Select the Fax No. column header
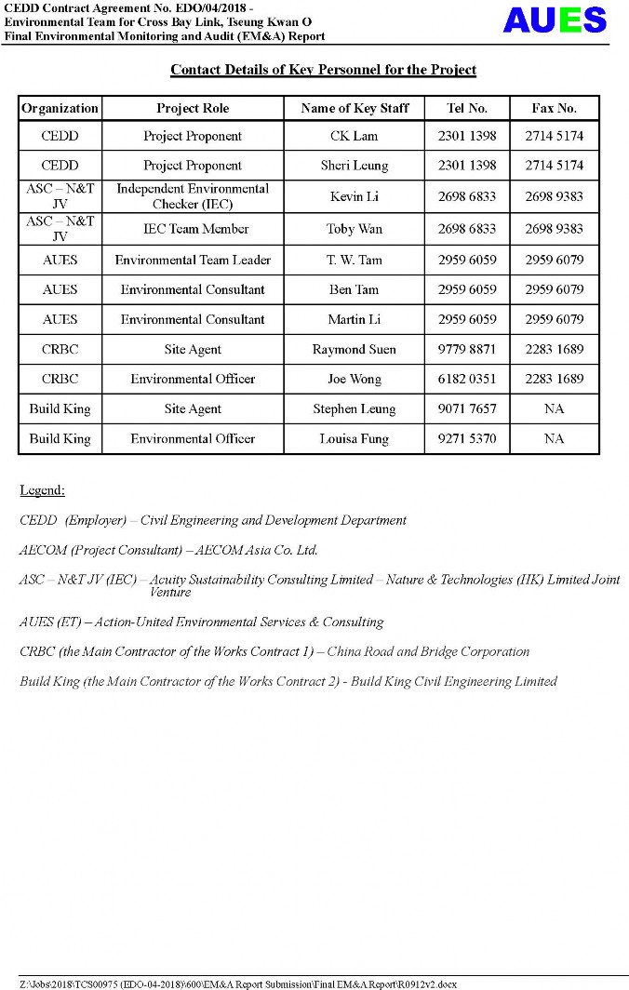(x=554, y=108)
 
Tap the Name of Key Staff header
(x=355, y=108)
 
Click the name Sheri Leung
(x=354, y=166)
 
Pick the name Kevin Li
(x=354, y=196)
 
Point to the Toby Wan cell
(x=354, y=229)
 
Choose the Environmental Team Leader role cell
(x=193, y=260)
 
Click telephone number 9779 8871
(x=466, y=349)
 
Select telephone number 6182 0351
(x=466, y=379)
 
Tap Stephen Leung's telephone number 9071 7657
(x=466, y=408)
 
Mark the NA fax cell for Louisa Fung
(x=554, y=438)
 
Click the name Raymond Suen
(x=354, y=349)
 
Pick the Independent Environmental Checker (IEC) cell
(x=193, y=196)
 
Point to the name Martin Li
(x=354, y=319)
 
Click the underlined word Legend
(x=42, y=489)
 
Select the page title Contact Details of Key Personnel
(x=323, y=70)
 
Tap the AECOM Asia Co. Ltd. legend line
(x=168, y=550)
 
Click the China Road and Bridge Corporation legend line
(x=274, y=651)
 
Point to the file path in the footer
(x=237, y=983)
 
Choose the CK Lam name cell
(x=354, y=136)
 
